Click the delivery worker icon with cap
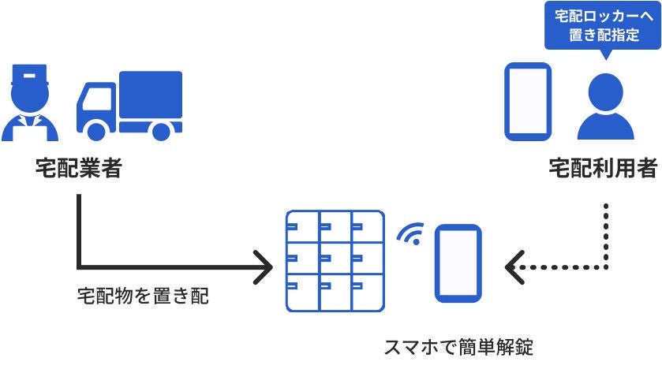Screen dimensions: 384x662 [x=30, y=103]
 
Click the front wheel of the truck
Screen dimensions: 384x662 [x=96, y=129]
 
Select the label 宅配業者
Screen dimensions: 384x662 [x=79, y=169]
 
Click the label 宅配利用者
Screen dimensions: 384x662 [x=604, y=169]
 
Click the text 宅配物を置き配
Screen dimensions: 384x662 [x=143, y=297]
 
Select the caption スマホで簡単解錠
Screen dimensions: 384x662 [x=458, y=347]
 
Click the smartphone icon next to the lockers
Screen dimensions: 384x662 [x=458, y=263]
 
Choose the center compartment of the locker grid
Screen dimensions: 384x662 [x=335, y=260]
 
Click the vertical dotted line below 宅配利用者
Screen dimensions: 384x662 [x=605, y=233]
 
